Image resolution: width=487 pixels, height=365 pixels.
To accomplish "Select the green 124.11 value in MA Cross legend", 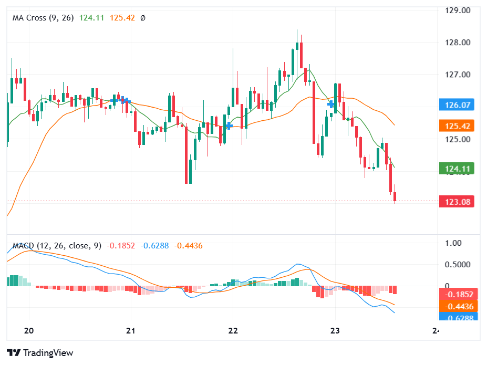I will [92, 18].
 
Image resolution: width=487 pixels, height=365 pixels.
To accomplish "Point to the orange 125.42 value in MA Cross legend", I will [122, 18].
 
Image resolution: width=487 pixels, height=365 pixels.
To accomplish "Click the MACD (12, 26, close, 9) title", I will [57, 246].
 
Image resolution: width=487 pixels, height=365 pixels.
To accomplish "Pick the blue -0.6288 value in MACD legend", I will [154, 246].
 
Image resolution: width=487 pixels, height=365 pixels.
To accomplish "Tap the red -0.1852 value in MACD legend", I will [121, 246].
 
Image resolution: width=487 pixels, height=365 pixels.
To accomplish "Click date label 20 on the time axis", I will [29, 330].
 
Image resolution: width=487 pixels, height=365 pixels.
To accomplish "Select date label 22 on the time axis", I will [233, 330].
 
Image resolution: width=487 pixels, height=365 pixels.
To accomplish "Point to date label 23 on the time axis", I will [335, 330].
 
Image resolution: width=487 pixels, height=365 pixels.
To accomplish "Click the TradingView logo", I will [40, 353].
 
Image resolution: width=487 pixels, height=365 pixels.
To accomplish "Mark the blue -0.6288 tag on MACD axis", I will [459, 318].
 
